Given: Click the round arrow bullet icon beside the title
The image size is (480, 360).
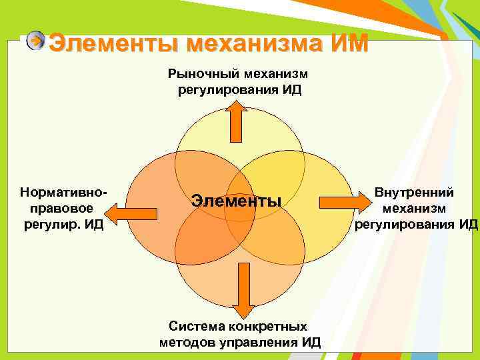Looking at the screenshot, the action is (35, 41).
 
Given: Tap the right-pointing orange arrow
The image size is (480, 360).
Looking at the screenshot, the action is (339, 201).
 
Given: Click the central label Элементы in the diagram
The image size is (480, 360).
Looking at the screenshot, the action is (237, 200).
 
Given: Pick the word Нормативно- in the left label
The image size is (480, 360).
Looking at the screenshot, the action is (64, 192).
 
